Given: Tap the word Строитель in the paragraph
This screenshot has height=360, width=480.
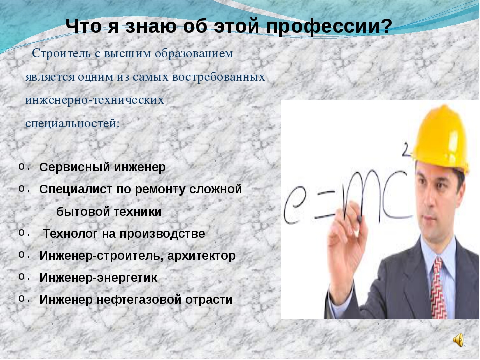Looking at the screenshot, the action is (61, 53).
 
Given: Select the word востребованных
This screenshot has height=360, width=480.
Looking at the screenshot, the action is (219, 77).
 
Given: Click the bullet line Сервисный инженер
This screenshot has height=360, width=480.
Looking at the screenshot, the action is (103, 167).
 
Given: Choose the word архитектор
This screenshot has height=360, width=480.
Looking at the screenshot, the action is (201, 256).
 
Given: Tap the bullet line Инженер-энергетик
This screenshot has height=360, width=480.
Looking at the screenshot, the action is (98, 278).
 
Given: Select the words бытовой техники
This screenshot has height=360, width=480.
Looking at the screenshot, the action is (109, 212).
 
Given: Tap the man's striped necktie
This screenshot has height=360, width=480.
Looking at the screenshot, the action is (439, 289).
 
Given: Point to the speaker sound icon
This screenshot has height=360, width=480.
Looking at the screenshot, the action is (459, 340).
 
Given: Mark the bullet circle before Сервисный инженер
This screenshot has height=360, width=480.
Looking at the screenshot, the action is (21, 166).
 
